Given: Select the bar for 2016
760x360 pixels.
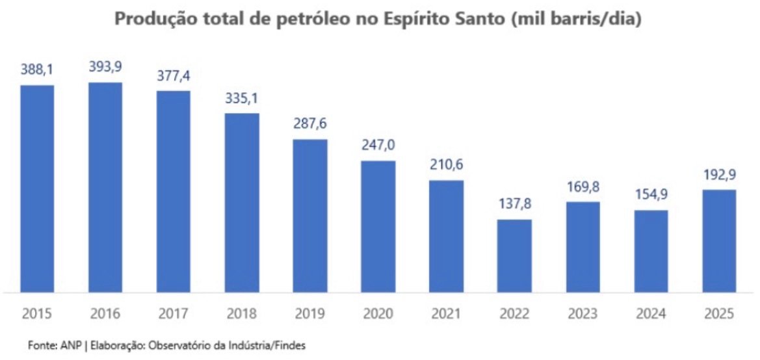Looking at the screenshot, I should pos(105,187).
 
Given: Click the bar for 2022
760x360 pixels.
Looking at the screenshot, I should pos(514,255).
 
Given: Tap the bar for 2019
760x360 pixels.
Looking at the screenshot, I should pos(310,216).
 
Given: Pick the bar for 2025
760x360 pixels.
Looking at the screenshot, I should pos(718,240).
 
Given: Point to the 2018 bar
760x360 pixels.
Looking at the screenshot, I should pos(242,203).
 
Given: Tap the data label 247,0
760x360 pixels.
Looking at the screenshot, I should pos(378,145).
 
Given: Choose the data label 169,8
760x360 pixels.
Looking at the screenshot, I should pos(583,186).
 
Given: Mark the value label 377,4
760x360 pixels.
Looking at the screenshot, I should pos(174,75).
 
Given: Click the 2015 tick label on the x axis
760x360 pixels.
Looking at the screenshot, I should pos(37,314).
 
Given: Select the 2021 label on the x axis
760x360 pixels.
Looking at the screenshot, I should pos(446,314).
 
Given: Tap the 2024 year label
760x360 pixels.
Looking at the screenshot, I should pos(650,314).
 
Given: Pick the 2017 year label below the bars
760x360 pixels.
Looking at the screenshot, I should pos(174,314).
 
